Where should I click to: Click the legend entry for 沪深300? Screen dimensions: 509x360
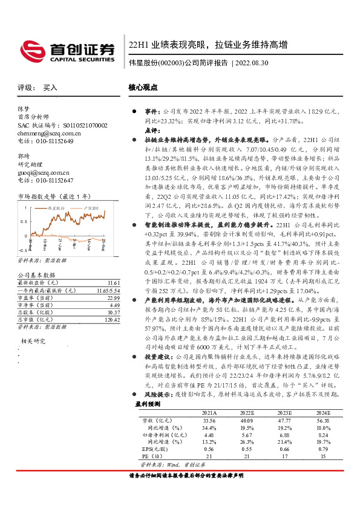point(90,207)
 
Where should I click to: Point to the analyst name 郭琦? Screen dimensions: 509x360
point(24,157)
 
